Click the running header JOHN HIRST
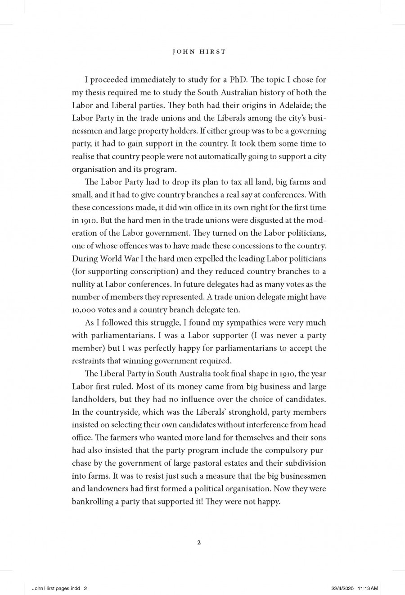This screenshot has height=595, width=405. tap(199, 52)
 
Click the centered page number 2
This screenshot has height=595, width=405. tap(199, 542)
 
